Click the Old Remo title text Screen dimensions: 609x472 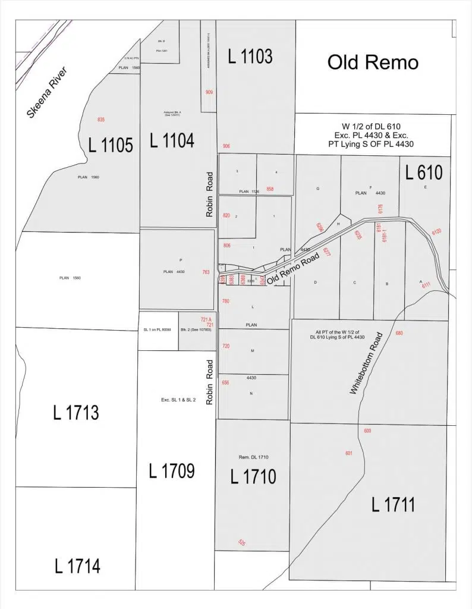[x=373, y=62]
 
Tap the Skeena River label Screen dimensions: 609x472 [x=49, y=92]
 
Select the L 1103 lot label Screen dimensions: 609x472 [x=250, y=56]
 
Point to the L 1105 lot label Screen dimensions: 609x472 [x=110, y=145]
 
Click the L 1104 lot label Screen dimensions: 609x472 [x=171, y=141]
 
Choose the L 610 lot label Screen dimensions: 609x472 [x=423, y=172]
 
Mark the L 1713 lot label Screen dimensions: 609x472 [x=75, y=413]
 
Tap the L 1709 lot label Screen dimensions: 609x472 [x=171, y=471]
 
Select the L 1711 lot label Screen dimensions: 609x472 [x=393, y=505]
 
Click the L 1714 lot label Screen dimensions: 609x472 [x=77, y=566]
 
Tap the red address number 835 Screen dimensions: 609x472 [x=101, y=120]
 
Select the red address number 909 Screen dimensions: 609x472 [x=209, y=92]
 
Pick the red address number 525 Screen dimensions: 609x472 [x=242, y=542]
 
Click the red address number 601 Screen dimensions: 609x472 [x=349, y=453]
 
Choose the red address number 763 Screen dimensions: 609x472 [x=206, y=272]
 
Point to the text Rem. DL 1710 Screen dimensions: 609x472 [x=253, y=457]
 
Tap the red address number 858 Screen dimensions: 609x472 [x=270, y=189]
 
